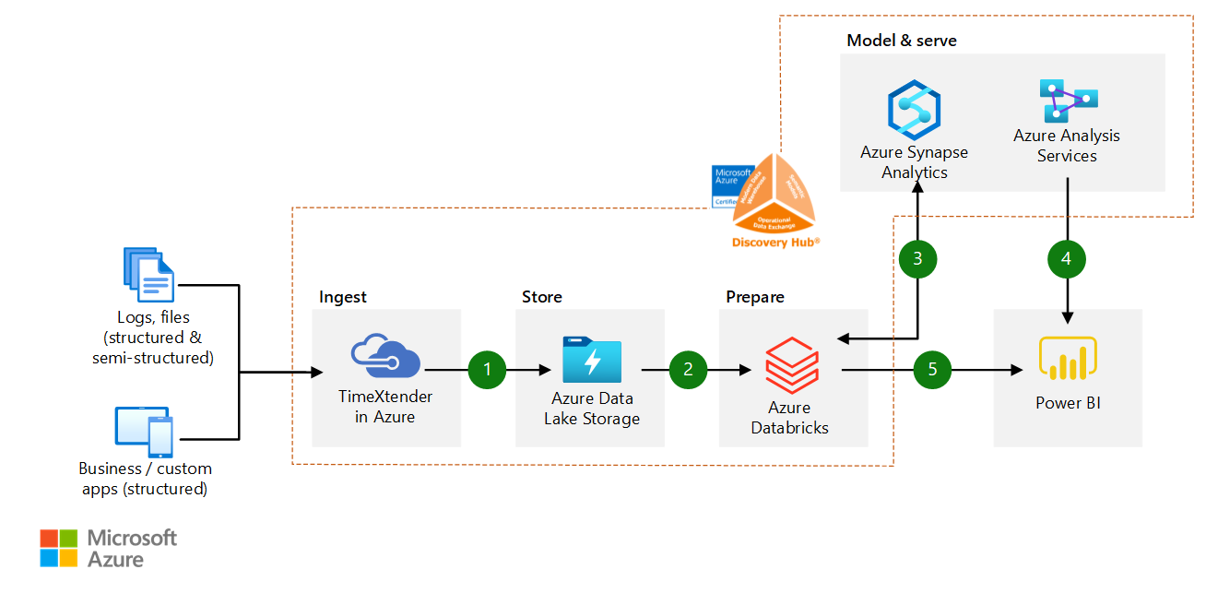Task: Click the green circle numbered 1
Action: click(x=488, y=371)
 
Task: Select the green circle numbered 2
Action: click(x=688, y=371)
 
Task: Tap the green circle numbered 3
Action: click(x=917, y=260)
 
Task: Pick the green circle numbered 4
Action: click(x=1067, y=260)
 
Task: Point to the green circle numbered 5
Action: click(x=932, y=371)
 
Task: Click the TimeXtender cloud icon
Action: click(x=385, y=357)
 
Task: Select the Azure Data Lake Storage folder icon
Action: click(x=591, y=359)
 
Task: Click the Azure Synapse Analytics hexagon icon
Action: click(x=913, y=109)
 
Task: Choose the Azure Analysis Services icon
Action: click(x=1068, y=101)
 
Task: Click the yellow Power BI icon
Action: click(x=1068, y=359)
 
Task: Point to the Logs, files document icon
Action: click(x=148, y=275)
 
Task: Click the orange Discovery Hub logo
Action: click(x=774, y=194)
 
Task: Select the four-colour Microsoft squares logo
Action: click(x=59, y=548)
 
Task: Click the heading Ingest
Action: click(x=343, y=297)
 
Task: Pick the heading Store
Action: click(x=541, y=297)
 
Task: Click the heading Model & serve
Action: click(x=901, y=41)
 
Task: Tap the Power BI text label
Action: click(x=1068, y=403)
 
